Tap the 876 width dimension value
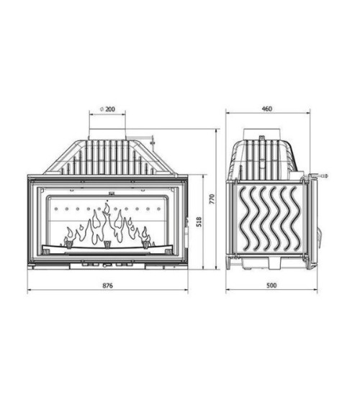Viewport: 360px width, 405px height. [108, 286]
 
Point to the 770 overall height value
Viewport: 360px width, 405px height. [212, 200]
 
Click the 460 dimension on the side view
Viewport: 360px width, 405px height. [266, 109]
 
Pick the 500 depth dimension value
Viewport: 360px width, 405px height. [271, 286]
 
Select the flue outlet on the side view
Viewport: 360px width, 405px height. [260, 135]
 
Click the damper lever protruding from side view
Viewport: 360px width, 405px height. [321, 175]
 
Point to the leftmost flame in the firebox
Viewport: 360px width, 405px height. [70, 235]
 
